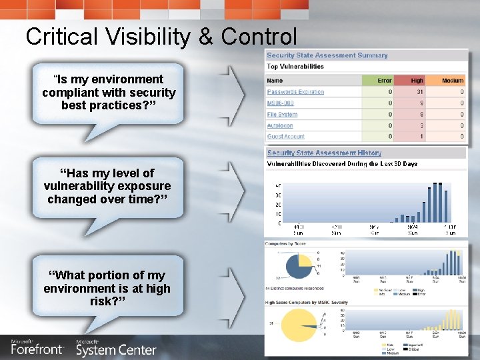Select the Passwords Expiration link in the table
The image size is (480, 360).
click(x=295, y=92)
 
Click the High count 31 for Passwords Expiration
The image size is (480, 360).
click(x=419, y=92)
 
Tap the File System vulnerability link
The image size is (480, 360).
click(x=282, y=115)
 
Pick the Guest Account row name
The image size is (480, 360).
click(x=285, y=137)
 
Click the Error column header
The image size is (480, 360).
click(x=385, y=81)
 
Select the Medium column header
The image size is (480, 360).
click(x=452, y=81)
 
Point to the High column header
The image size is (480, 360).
click(x=417, y=81)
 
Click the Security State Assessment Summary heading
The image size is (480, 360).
click(x=327, y=55)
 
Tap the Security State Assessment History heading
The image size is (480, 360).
click(x=324, y=153)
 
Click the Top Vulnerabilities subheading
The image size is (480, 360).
click(x=295, y=67)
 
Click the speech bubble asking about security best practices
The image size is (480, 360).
click(x=108, y=93)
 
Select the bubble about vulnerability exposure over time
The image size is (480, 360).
click(x=107, y=187)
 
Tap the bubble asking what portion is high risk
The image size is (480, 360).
click(x=107, y=289)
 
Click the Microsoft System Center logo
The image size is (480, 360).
click(x=115, y=347)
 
